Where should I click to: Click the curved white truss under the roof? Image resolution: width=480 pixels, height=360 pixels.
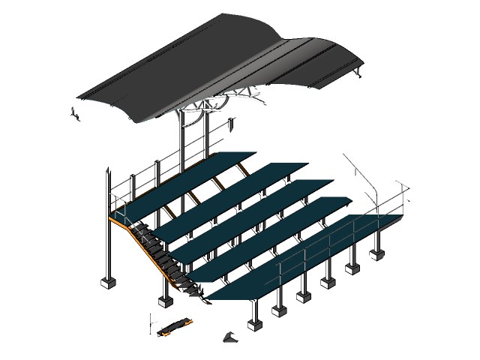[x=225, y=101]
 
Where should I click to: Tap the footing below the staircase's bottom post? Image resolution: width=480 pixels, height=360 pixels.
[x=165, y=301]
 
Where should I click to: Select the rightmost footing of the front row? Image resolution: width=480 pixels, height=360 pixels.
[x=375, y=254]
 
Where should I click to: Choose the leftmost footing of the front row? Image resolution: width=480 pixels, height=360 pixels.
[x=254, y=325]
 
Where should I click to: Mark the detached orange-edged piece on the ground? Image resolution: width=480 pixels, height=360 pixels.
[x=172, y=325]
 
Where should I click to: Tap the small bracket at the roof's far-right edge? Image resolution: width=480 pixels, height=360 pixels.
[x=358, y=73]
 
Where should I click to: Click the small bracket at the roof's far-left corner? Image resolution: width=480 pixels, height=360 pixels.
[x=75, y=114]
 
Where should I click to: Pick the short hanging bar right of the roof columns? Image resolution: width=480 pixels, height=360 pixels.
[x=232, y=124]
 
